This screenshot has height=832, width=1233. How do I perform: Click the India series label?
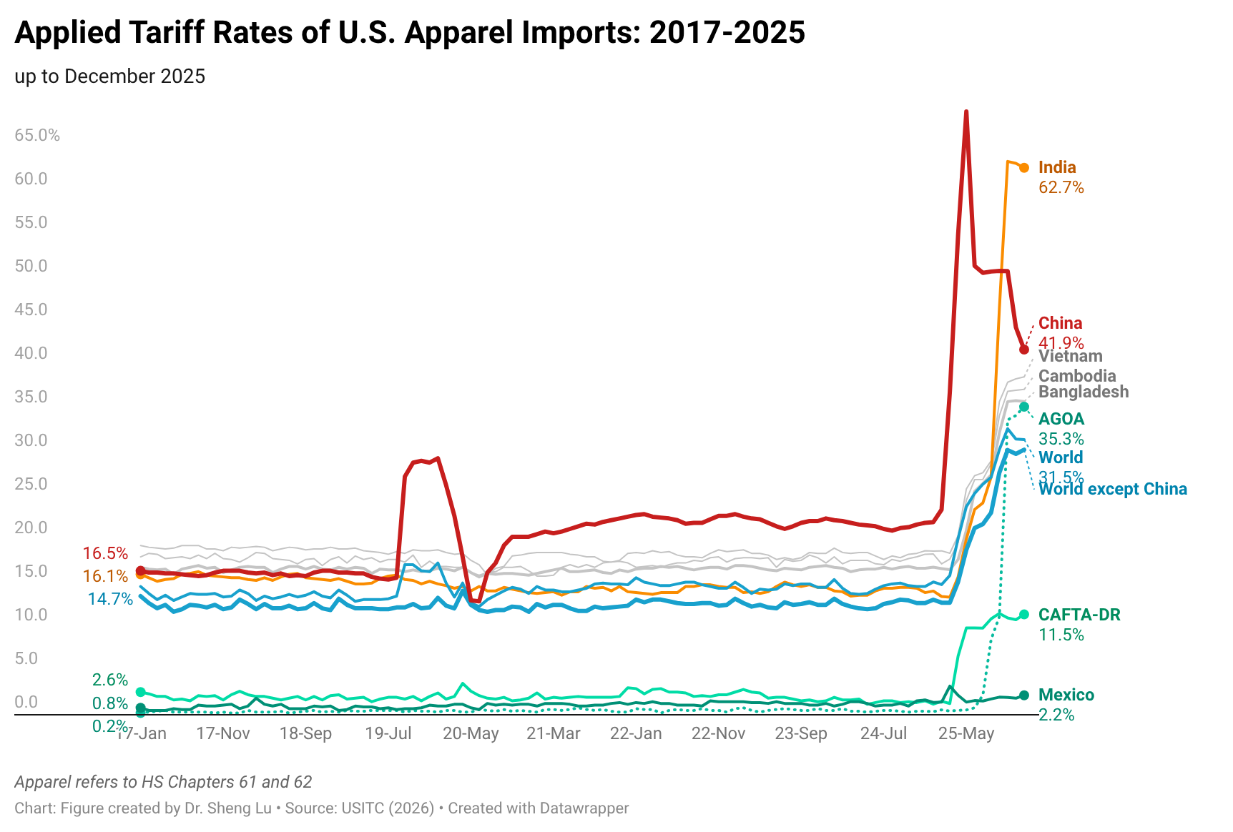tap(1056, 167)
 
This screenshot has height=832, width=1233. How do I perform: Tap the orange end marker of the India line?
tap(1024, 168)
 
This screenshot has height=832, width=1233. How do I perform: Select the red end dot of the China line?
tap(1024, 350)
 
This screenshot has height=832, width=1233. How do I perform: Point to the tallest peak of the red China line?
tap(966, 112)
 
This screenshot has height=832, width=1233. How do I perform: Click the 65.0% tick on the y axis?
tap(37, 135)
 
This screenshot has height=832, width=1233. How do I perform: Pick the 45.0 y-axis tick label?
tap(31, 309)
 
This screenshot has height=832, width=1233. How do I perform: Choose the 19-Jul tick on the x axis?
tap(388, 733)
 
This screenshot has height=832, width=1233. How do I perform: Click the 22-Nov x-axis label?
tap(718, 733)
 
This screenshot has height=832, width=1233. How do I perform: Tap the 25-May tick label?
tap(966, 733)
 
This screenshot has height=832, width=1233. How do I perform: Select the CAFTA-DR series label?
tap(1079, 615)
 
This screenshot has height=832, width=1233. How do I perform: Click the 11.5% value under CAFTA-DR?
tap(1061, 635)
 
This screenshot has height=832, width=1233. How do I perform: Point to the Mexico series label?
tap(1066, 695)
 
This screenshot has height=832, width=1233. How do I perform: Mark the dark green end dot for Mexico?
tap(1024, 695)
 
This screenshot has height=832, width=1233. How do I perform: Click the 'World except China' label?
tap(1112, 489)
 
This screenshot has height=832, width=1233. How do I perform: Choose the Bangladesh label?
tap(1083, 392)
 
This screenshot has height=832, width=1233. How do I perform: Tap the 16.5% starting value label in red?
tap(105, 553)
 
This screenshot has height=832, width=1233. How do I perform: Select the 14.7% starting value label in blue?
tap(110, 599)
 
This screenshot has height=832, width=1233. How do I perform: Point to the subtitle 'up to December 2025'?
tap(109, 76)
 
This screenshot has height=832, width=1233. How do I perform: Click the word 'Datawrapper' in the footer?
tap(584, 808)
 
